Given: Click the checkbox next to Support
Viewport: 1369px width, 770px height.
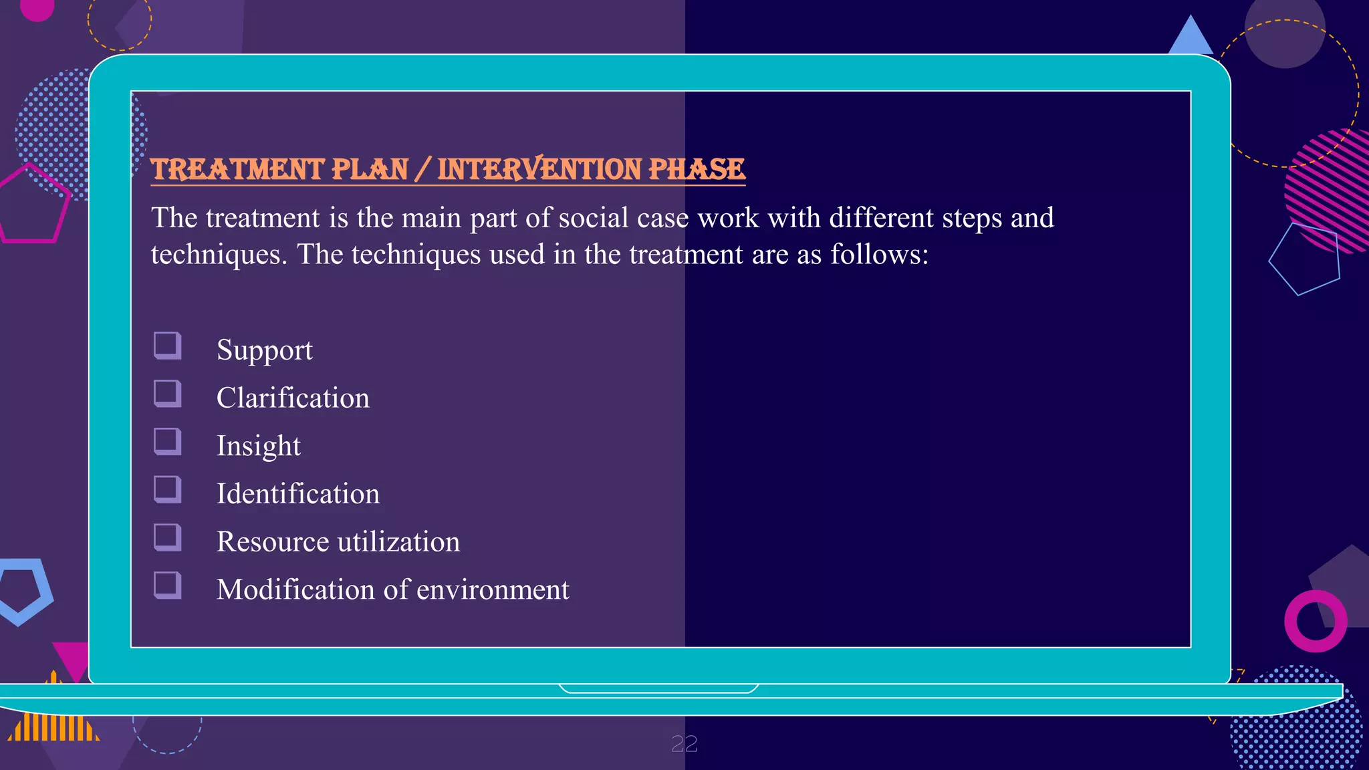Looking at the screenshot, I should click(x=167, y=346).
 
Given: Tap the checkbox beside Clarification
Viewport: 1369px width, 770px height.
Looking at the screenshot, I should click(x=167, y=393).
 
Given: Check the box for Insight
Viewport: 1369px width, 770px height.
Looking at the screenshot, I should click(x=167, y=441).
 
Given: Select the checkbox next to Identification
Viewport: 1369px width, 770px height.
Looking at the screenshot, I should click(x=167, y=489).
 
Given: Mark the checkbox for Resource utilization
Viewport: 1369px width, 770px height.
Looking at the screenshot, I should click(x=167, y=537).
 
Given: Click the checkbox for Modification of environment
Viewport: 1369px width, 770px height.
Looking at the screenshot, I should click(x=167, y=585).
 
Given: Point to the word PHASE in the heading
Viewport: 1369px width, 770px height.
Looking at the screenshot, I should click(x=697, y=169).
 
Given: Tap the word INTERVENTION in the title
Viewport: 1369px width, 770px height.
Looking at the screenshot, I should click(x=539, y=169).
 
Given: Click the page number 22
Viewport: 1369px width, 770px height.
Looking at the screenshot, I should click(x=684, y=744).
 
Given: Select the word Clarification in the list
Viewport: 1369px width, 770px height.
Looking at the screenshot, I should click(x=293, y=398).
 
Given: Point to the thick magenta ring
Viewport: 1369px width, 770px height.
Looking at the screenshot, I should click(x=1315, y=621).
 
